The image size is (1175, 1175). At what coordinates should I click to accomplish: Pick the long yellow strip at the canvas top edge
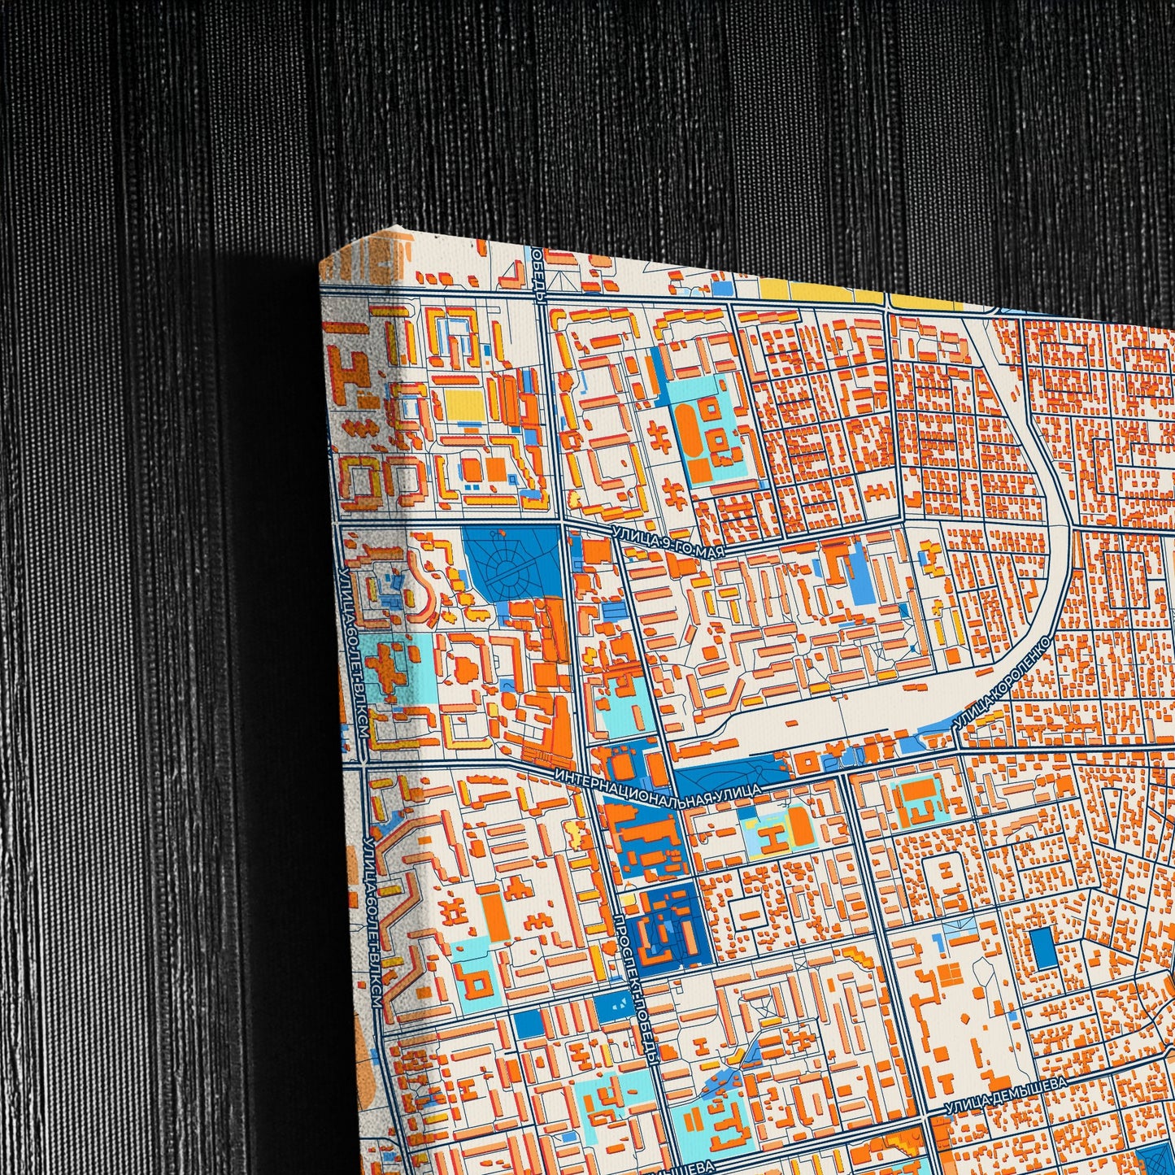click(821, 290)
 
